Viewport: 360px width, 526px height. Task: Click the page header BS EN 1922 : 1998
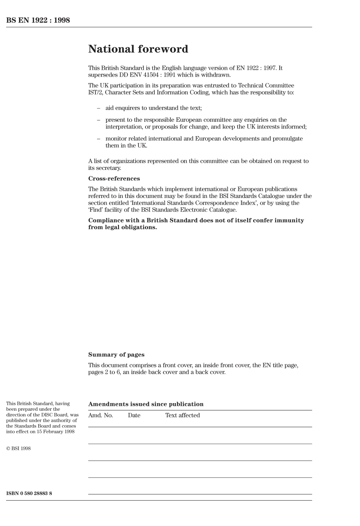[38, 20]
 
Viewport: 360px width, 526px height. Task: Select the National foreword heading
[138, 49]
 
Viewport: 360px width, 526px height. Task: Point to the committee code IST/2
[95, 93]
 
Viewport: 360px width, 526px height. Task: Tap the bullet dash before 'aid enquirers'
[99, 108]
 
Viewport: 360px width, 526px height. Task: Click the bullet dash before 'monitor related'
[99, 139]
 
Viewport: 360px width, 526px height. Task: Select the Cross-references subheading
[114, 179]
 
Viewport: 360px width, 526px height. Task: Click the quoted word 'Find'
[97, 210]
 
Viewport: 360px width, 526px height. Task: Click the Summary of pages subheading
[116, 355]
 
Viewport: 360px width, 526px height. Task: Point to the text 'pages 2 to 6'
[104, 372]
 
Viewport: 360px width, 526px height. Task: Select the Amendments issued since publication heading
[146, 404]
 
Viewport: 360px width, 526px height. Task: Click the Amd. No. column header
[100, 415]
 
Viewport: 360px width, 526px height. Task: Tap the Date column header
[134, 415]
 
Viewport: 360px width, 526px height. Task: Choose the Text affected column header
[182, 415]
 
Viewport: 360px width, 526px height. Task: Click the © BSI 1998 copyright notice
[19, 449]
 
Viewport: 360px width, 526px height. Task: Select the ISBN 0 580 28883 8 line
[29, 493]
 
